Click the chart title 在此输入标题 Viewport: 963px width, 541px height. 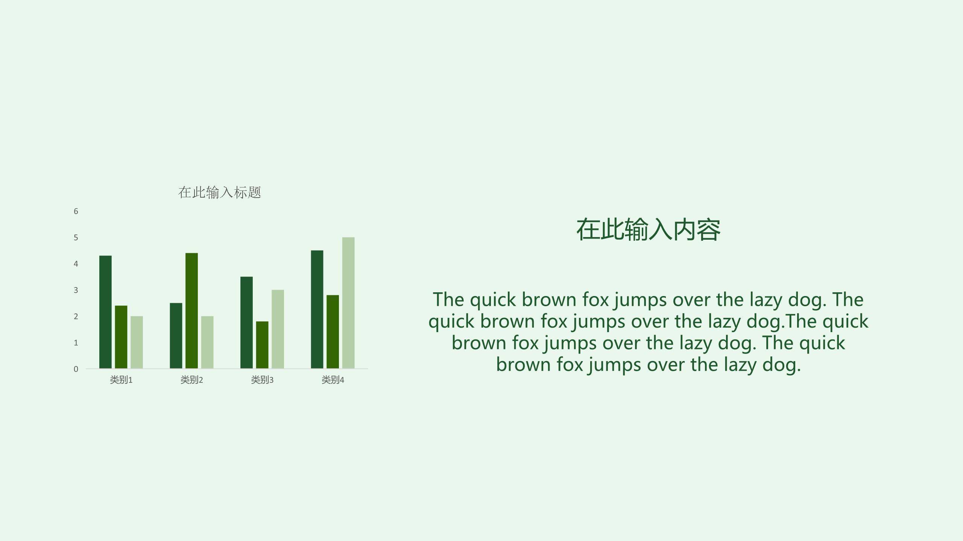(x=220, y=192)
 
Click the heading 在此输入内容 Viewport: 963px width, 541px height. (x=648, y=230)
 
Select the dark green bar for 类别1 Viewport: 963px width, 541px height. (x=105, y=312)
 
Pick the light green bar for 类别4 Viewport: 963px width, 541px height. (x=348, y=303)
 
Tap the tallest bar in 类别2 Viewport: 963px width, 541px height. (x=191, y=311)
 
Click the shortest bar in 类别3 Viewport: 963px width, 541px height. (x=262, y=345)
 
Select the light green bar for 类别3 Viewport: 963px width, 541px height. (x=278, y=329)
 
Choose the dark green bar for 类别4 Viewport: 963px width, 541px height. (x=317, y=309)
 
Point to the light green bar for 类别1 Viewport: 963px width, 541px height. (x=137, y=342)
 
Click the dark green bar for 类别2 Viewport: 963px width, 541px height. (x=176, y=335)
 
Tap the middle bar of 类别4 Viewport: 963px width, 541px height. (x=333, y=332)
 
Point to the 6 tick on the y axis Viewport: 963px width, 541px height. (x=76, y=212)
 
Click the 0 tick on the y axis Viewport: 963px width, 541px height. (x=76, y=369)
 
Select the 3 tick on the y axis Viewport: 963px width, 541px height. (x=76, y=290)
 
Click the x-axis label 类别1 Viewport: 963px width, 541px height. (x=121, y=380)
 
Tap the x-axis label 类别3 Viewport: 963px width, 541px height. (x=262, y=380)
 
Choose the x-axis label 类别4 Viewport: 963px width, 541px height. (x=333, y=380)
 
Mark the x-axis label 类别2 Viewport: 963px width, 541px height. (x=191, y=380)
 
